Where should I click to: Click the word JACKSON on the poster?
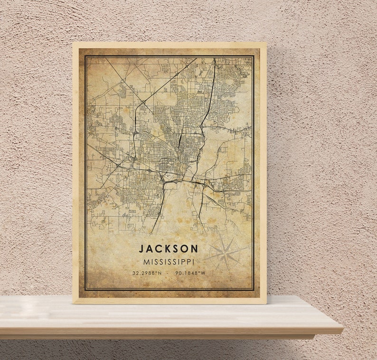(169, 248)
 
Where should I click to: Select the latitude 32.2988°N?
(147, 273)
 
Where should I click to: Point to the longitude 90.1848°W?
(190, 273)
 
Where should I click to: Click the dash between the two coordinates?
(169, 273)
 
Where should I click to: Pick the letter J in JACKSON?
(141, 248)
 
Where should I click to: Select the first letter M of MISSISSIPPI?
(145, 262)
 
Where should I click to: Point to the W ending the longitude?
(204, 273)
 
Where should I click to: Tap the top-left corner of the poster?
(73, 43)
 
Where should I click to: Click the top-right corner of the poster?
(266, 43)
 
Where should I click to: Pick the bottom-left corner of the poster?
(73, 303)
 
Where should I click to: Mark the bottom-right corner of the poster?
(266, 303)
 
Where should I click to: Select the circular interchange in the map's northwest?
(143, 102)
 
